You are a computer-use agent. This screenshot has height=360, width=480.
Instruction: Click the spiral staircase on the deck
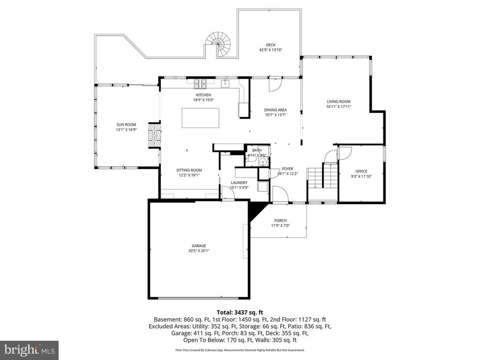(x=219, y=44)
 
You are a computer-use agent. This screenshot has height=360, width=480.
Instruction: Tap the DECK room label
(x=270, y=45)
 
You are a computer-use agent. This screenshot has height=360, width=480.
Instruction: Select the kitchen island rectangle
(x=200, y=118)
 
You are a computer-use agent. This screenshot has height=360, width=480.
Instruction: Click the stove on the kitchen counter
(x=201, y=84)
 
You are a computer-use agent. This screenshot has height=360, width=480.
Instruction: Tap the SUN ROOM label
(x=127, y=125)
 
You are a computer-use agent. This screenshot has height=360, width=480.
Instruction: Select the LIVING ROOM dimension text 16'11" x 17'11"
(x=338, y=107)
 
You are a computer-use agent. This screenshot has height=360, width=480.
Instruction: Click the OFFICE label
(x=361, y=171)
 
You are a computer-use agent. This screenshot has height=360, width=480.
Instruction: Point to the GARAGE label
(x=199, y=246)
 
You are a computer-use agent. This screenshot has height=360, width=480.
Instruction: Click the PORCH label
(x=280, y=221)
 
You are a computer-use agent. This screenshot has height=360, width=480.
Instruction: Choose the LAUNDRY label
(x=239, y=182)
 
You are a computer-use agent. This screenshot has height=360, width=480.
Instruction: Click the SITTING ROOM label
(x=189, y=170)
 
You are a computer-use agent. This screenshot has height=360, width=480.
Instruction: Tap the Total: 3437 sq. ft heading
(x=240, y=312)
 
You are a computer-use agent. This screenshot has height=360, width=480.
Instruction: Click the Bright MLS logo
(x=29, y=350)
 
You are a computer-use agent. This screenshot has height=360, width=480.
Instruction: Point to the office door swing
(x=345, y=153)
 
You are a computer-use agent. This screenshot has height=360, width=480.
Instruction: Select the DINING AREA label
(x=276, y=110)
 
